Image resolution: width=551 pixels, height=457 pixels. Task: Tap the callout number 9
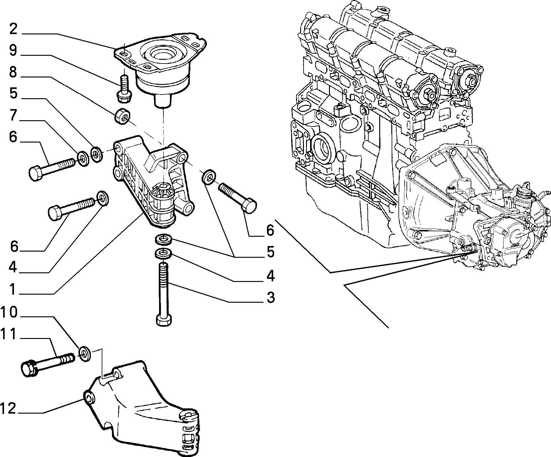click(13, 50)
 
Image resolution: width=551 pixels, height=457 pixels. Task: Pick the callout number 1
click(12, 289)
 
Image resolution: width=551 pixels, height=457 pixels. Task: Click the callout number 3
click(271, 297)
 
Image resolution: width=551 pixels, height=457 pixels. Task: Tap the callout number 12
click(9, 408)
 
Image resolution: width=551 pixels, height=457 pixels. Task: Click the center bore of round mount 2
click(163, 55)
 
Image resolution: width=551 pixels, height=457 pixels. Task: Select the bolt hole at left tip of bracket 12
click(89, 398)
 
